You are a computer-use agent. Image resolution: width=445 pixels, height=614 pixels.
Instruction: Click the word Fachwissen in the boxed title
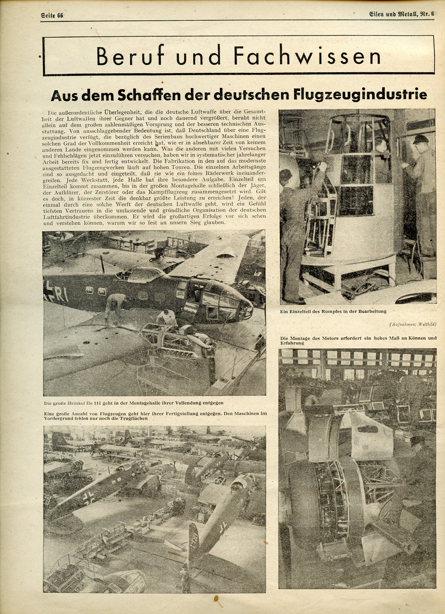(x=307, y=56)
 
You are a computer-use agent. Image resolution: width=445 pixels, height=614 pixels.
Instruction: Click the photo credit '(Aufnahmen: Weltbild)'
(x=413, y=324)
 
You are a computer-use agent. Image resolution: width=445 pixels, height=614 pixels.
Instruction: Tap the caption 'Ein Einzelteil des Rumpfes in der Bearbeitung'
(x=333, y=311)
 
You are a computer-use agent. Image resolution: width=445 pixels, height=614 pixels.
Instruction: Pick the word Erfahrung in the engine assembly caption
(x=292, y=343)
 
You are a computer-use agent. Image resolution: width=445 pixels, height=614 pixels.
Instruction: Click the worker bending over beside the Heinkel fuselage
(x=115, y=306)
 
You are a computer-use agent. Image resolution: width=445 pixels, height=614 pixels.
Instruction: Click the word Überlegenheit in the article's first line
(x=122, y=112)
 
